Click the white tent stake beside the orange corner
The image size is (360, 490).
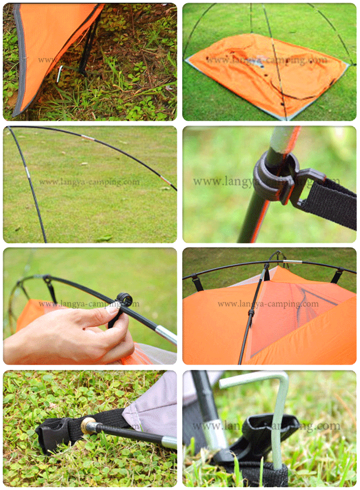coord(59,74)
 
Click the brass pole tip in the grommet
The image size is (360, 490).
coord(86,426)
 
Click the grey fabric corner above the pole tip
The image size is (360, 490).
coord(151,400)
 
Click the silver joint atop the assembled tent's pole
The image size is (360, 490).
coord(292,262)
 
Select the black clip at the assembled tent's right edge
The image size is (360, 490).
coord(336,276)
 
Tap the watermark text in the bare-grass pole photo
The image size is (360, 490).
coord(89,182)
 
